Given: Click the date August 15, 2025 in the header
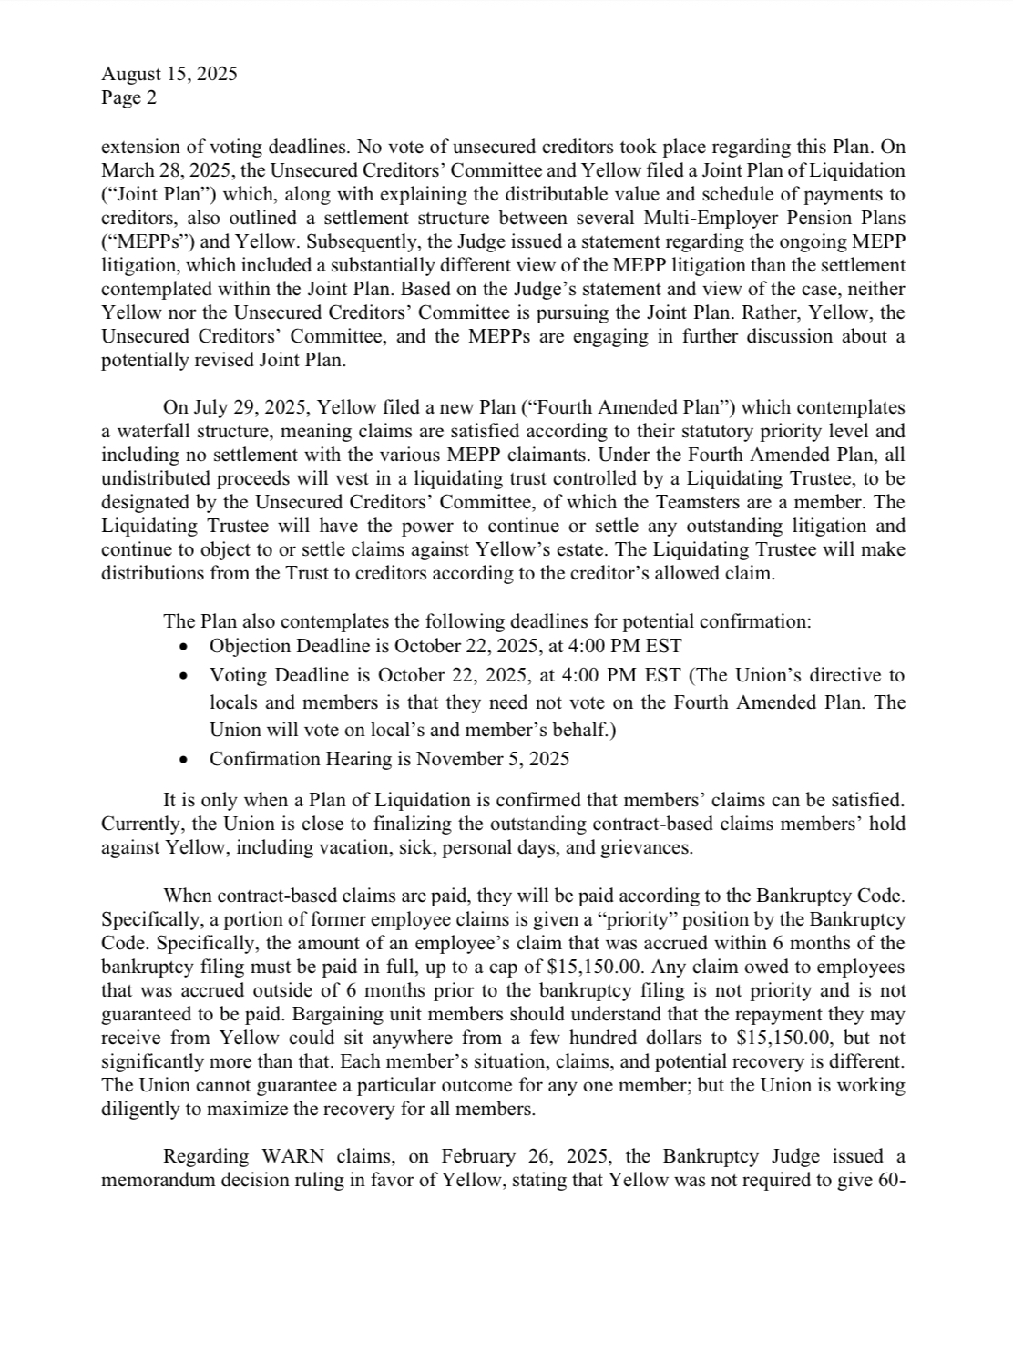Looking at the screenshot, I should tap(169, 74).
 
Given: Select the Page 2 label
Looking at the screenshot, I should tap(128, 97).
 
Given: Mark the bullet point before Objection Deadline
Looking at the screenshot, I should tap(185, 647).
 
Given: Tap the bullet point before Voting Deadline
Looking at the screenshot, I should tap(185, 676).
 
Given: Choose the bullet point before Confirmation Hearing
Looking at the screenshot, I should tap(185, 760).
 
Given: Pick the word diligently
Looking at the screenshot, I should tap(144, 1109).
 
